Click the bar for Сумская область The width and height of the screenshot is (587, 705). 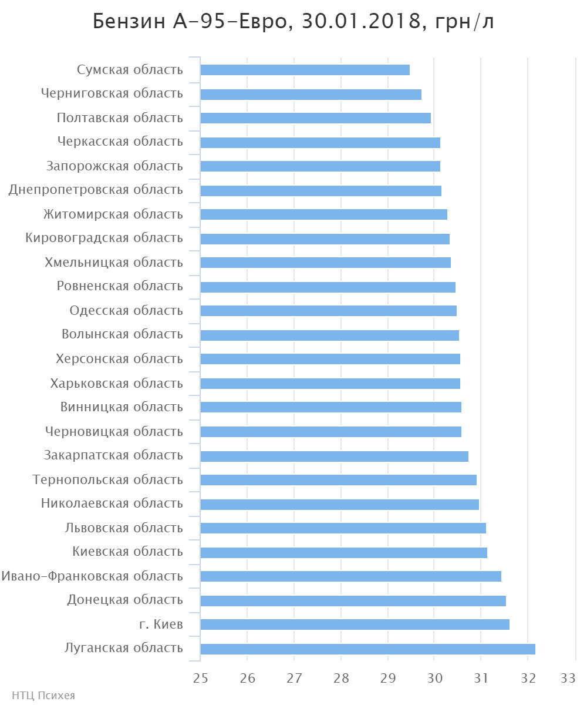pos(305,70)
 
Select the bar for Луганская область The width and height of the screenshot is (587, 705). pos(367,649)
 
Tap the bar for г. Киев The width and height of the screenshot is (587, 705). pos(355,625)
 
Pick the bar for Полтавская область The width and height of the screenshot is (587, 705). pos(315,118)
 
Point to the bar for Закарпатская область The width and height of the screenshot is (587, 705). pos(334,456)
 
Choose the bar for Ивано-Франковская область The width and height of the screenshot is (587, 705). pos(350,576)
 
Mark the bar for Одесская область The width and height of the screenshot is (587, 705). pos(328,311)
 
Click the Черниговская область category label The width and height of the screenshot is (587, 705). pos(112,93)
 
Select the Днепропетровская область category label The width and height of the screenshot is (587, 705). pos(96,190)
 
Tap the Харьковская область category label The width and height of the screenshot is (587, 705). pos(116,383)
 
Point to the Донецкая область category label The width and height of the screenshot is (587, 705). pos(124,600)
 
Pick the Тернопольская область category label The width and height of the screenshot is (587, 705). pos(107,479)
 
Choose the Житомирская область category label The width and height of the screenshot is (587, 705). pos(113,214)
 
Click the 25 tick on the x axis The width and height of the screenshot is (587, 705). pos(200,678)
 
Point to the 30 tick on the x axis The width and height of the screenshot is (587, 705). pos(434,678)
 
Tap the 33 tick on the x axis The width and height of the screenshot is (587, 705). pos(568,678)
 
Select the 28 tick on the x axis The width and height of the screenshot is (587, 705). pos(340,678)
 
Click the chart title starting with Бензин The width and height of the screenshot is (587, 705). pos(293,22)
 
